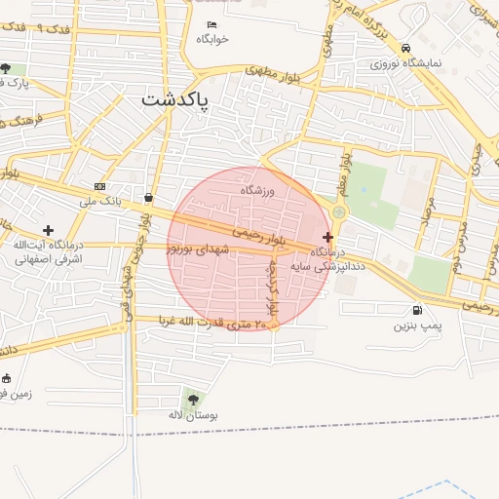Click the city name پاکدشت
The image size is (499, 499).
pyautogui.click(x=174, y=99)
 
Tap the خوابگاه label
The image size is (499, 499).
pyautogui.click(x=211, y=39)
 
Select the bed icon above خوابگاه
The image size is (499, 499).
pyautogui.click(x=211, y=23)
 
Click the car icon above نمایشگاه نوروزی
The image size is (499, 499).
pyautogui.click(x=404, y=48)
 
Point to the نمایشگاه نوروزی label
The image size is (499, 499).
pyautogui.click(x=405, y=63)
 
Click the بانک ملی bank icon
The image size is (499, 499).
pyautogui.click(x=100, y=186)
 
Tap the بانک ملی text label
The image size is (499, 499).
pyautogui.click(x=101, y=201)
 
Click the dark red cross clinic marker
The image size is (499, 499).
pyautogui.click(x=327, y=237)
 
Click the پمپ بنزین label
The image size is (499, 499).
pyautogui.click(x=418, y=326)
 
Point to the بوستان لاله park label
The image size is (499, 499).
pyautogui.click(x=193, y=415)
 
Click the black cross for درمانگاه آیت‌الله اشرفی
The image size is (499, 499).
pyautogui.click(x=48, y=230)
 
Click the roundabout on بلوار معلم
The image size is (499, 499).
pyautogui.click(x=339, y=211)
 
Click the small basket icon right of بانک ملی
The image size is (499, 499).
pyautogui.click(x=147, y=197)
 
